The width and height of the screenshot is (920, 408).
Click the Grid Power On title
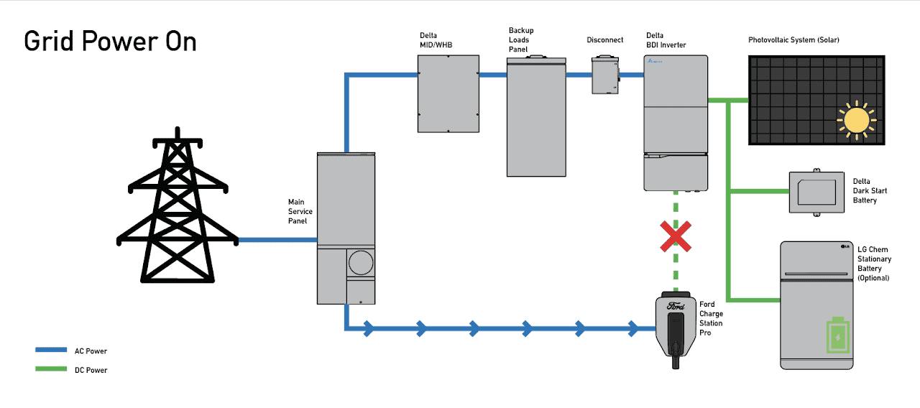(110, 42)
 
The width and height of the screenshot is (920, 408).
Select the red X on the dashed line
(676, 236)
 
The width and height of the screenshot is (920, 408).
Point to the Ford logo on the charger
(676, 306)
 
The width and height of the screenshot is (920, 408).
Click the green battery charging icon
(837, 335)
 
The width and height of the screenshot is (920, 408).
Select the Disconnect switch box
(605, 75)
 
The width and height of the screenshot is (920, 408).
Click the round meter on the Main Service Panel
(361, 263)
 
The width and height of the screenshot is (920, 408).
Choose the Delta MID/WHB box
(448, 94)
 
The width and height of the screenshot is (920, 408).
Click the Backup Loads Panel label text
(521, 40)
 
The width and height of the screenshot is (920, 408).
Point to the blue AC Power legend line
(51, 351)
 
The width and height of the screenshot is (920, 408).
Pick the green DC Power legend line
(51, 370)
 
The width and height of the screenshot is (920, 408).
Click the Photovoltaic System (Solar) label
(793, 40)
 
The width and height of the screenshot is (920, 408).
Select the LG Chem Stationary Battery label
(874, 264)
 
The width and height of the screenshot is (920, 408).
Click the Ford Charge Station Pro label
(712, 319)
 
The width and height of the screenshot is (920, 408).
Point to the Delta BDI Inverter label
(666, 40)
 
